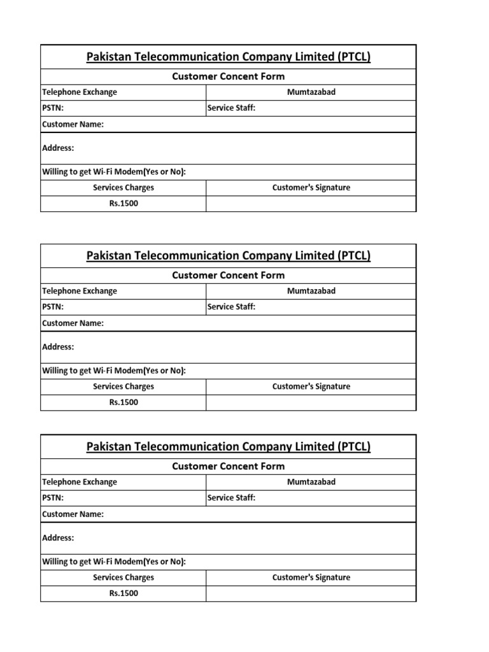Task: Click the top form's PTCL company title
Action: pos(228,57)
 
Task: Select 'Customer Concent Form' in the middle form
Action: pos(228,275)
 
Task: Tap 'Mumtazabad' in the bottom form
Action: pos(311,482)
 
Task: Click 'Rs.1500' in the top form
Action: pos(124,204)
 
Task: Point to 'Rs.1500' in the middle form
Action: pos(124,402)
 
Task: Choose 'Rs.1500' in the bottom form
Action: pos(124,593)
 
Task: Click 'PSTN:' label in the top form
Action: pos(53,108)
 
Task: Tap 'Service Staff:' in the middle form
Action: pos(231,307)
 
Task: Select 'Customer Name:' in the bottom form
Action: pos(73,514)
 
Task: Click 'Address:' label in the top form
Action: pos(58,148)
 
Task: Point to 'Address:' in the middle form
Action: pos(58,347)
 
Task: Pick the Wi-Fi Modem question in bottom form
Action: pos(114,562)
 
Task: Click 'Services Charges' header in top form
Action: pos(124,188)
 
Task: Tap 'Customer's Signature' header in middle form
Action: pos(311,386)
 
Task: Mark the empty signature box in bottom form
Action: pos(311,593)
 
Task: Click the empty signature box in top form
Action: pos(311,204)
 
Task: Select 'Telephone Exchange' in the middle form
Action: pos(80,291)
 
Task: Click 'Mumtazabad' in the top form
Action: pos(311,92)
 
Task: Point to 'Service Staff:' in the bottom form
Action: pos(231,498)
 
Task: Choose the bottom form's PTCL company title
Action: pos(228,447)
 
